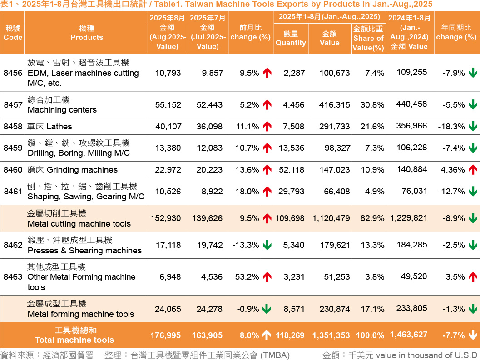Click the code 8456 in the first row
[13, 73]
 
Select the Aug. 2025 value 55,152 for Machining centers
[168, 105]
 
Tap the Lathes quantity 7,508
[293, 127]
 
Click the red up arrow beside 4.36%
[473, 170]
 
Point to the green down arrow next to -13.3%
[267, 245]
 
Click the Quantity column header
[291, 38]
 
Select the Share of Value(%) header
[368, 38]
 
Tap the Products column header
[87, 33]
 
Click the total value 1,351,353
[331, 335]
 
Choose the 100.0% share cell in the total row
[370, 335]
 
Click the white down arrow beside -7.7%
[473, 335]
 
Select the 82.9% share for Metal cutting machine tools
[372, 218]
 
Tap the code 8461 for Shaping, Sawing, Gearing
[13, 192]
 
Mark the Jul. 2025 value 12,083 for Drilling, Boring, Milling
[209, 148]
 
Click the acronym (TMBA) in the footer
[274, 355]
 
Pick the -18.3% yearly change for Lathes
[451, 127]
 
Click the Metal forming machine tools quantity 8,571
[293, 309]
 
